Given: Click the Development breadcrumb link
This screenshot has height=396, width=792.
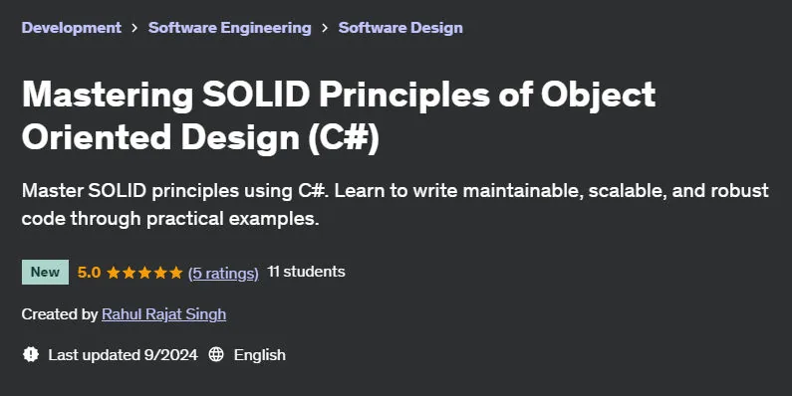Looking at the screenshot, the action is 71,28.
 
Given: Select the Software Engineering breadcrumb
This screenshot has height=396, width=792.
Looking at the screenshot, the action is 230,28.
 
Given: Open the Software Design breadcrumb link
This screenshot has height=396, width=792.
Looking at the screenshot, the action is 400,28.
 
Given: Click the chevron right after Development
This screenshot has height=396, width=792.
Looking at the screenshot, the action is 134,28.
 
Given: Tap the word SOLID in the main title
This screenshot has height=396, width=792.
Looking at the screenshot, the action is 256,95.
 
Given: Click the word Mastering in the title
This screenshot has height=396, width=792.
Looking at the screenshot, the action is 108,96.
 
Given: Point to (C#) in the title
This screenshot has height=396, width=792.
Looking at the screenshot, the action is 344,137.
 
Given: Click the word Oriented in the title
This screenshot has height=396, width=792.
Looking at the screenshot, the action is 97,137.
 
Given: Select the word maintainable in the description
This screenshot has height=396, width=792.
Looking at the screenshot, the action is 522,191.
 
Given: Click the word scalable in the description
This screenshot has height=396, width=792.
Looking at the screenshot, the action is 627,191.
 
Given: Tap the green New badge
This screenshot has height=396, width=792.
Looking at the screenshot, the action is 45,272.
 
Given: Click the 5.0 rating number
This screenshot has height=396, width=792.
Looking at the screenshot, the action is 89,273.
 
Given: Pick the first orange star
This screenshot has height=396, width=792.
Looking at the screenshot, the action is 114,273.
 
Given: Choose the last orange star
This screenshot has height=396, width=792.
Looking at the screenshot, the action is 175,273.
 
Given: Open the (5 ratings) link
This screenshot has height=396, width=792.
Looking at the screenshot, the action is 223,273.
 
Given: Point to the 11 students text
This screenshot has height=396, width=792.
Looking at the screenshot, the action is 306,272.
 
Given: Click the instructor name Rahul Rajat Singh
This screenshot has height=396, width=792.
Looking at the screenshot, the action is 163,314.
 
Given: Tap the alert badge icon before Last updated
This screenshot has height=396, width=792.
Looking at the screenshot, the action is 31,354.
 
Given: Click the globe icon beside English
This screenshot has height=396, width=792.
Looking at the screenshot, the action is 216,354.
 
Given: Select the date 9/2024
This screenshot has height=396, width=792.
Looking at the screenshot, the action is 170,355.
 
